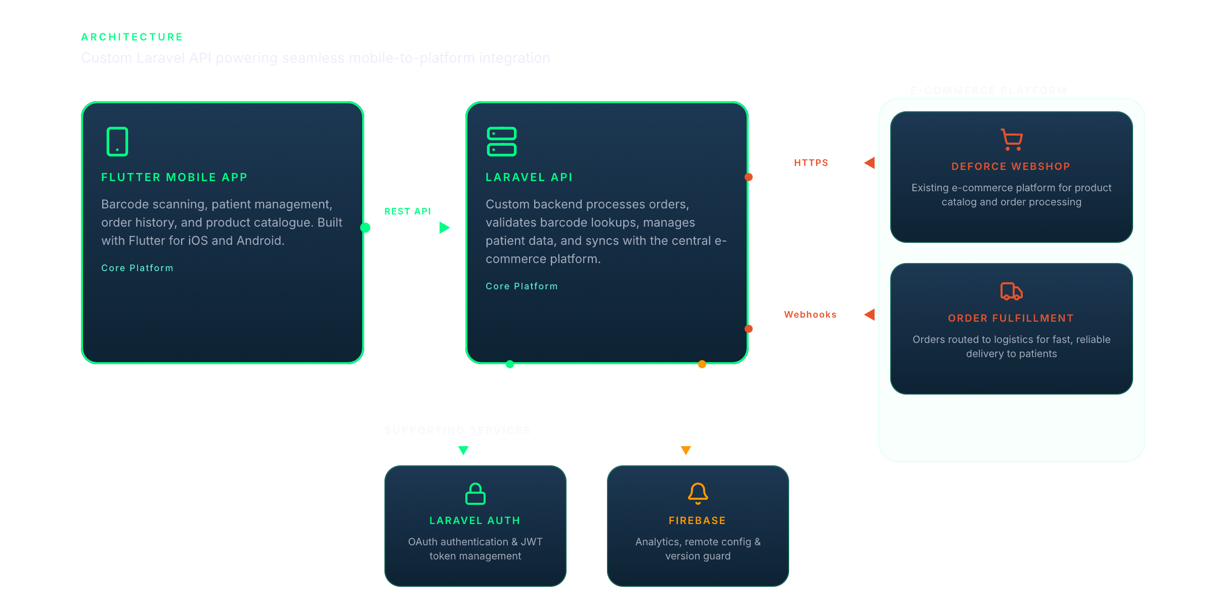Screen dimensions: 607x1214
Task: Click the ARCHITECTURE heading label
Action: coord(132,37)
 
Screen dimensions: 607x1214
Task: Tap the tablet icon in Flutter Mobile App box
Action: coord(117,142)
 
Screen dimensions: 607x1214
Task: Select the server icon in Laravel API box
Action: coord(501,142)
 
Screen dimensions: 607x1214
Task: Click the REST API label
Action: coord(408,211)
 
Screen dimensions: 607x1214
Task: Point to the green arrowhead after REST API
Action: coord(445,228)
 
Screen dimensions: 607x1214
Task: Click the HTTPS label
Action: coord(811,163)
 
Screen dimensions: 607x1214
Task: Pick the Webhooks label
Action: coord(810,315)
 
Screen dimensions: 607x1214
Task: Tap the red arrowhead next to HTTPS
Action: coord(870,163)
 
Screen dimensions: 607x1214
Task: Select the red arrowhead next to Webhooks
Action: coord(870,315)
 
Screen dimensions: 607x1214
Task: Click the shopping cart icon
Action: coord(1012,140)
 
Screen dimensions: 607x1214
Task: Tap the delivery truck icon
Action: coord(1012,291)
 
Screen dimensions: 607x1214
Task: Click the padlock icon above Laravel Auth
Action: coord(475,494)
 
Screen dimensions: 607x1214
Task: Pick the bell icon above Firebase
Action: coord(698,494)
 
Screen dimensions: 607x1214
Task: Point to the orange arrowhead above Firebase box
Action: coord(686,450)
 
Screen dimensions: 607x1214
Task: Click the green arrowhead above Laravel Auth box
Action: coord(463,450)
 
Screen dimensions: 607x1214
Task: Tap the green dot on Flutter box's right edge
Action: coord(365,228)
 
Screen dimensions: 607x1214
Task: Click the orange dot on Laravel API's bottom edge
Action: coord(702,364)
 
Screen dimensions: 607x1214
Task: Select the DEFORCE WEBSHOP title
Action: coord(1011,166)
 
